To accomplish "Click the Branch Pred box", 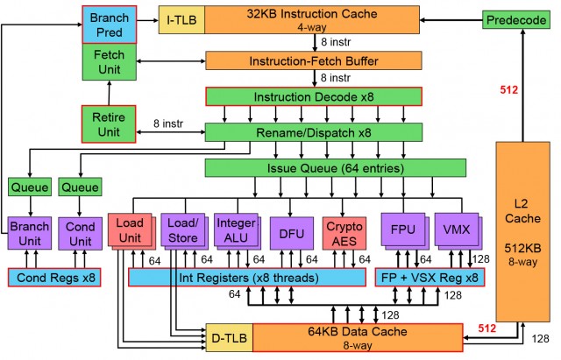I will click(x=109, y=25).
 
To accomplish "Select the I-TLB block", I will click(x=181, y=18).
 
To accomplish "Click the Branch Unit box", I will click(x=30, y=232).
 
